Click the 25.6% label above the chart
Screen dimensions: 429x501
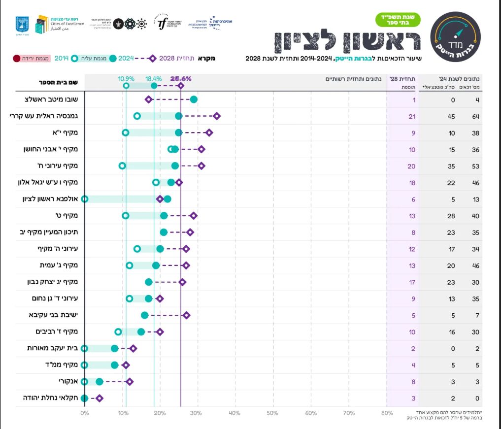181,78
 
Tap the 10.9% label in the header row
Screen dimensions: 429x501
126,78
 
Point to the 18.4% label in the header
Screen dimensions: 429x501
154,78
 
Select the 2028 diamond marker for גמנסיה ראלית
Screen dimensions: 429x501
217,116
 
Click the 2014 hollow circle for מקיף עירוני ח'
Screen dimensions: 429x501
122,165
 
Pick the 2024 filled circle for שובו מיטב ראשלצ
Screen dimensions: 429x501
194,99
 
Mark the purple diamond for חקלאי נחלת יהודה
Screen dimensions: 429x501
100,398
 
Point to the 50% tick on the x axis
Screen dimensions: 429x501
272,413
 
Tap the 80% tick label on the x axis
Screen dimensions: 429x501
387,413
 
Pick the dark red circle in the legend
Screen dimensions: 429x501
16,59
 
